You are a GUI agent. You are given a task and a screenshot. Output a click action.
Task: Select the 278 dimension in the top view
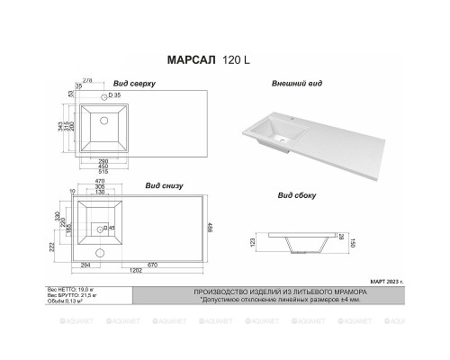[87, 82]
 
